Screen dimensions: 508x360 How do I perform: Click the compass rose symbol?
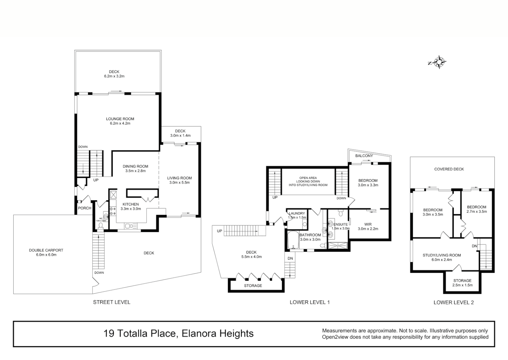coord(440,62)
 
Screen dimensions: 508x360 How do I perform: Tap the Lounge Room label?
coord(120,119)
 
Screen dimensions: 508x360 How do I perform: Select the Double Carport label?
coord(46,250)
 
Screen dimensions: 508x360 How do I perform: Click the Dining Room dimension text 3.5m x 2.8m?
coord(135,171)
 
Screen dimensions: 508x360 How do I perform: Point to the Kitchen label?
coord(131,204)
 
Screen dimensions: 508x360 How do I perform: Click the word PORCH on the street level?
coord(85,208)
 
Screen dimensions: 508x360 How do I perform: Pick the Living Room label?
coord(180,178)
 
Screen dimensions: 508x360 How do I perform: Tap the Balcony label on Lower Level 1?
coord(364,156)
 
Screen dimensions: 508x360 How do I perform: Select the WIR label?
coord(368,224)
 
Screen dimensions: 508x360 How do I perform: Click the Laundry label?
coord(297,213)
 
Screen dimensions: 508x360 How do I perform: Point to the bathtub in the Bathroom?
coord(293,240)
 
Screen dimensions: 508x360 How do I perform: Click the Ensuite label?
coord(340,224)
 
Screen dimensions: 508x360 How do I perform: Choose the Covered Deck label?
coord(449,169)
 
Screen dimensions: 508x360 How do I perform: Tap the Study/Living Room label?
coord(442,255)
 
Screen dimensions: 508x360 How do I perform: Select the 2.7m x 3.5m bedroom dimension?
coord(477,211)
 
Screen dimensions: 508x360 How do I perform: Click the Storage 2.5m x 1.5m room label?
coord(462,281)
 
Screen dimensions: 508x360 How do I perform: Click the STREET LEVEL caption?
coord(112,302)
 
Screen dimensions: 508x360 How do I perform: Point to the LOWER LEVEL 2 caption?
coord(453,302)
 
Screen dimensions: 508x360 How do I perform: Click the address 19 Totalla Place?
coord(140,333)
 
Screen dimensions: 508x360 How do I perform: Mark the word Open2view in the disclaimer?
coord(335,337)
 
